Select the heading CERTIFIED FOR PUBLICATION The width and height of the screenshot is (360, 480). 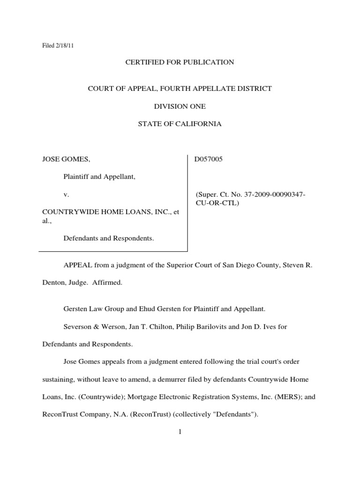[180, 62]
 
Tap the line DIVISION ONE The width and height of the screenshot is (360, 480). [180, 106]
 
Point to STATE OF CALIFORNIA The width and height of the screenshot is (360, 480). [180, 124]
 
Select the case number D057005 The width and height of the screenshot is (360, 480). [209, 159]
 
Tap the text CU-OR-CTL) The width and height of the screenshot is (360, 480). [217, 203]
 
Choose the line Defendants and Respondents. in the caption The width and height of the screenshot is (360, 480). [108, 238]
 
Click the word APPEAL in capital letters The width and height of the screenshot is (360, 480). [78, 265]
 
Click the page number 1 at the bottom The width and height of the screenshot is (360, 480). [180, 432]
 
